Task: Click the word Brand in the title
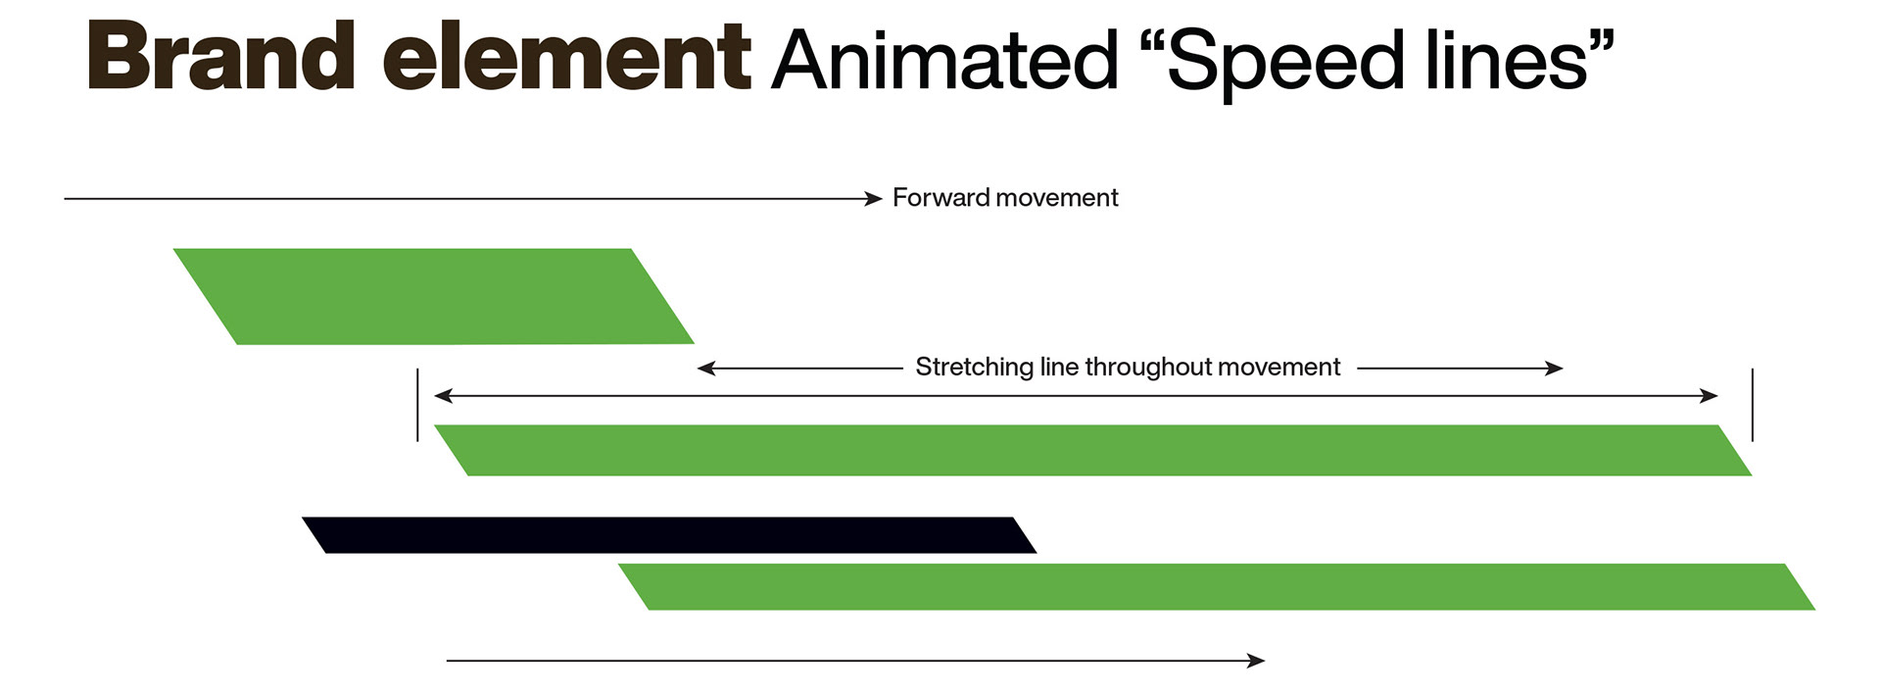pyautogui.click(x=221, y=57)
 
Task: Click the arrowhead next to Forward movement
pyautogui.click(x=874, y=199)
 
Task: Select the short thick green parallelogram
pyautogui.click(x=433, y=296)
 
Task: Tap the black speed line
pyautogui.click(x=669, y=535)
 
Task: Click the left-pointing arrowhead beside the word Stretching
pyautogui.click(x=706, y=369)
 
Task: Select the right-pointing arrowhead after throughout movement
pyautogui.click(x=1554, y=369)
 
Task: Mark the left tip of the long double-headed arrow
pyautogui.click(x=435, y=396)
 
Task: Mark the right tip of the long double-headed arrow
pyautogui.click(x=1718, y=396)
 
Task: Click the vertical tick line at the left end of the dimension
pyautogui.click(x=417, y=405)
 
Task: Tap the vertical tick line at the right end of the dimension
pyautogui.click(x=1753, y=405)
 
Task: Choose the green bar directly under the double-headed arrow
pyautogui.click(x=1092, y=451)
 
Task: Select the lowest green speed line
pyautogui.click(x=1217, y=587)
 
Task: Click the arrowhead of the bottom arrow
pyautogui.click(x=1256, y=661)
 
